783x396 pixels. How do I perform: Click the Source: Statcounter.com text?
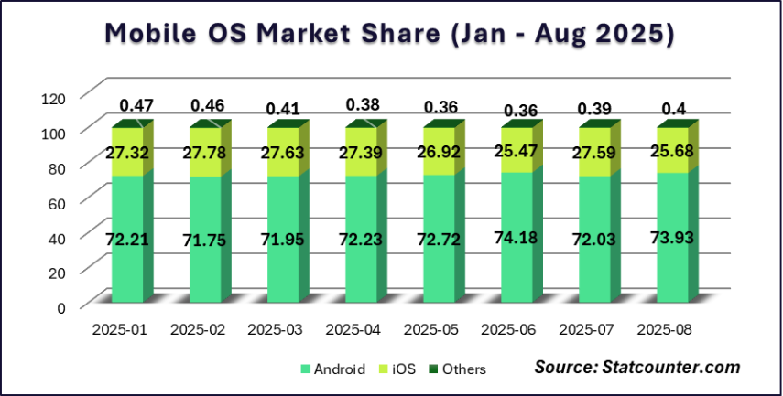[x=636, y=368]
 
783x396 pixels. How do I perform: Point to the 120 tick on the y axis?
[x=54, y=97]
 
